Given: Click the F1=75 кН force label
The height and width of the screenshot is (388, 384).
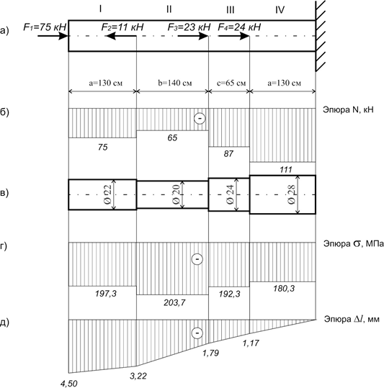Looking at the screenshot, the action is tap(45, 27).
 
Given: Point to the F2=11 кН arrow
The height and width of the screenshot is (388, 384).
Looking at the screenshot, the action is tap(121, 36).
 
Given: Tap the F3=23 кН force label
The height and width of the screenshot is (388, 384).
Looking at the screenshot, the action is tap(189, 27).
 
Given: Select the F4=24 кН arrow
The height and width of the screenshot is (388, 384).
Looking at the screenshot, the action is tap(233, 36).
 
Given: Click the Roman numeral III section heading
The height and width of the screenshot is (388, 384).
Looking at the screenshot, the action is tap(230, 10).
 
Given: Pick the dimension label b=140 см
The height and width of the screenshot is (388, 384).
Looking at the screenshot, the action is tap(175, 83).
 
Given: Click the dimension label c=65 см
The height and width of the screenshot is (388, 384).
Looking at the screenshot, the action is tap(231, 83).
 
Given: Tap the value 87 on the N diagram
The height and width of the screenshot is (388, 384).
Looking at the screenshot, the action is tap(228, 153).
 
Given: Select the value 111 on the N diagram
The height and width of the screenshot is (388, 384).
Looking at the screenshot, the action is tap(286, 170).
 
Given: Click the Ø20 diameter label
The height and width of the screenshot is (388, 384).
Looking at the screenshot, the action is tap(177, 194).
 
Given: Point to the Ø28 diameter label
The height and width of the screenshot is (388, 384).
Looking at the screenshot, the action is tap(292, 194).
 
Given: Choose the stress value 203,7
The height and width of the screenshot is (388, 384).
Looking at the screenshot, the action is tap(174, 302).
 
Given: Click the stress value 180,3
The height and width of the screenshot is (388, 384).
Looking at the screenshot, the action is tap(284, 289).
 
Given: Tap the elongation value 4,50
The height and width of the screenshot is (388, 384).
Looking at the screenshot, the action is tap(69, 384).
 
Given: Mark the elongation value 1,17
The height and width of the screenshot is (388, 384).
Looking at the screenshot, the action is tap(251, 343).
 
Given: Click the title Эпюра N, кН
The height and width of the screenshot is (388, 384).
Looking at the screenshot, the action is tap(348, 109).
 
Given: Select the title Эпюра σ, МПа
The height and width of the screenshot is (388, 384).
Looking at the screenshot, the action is tap(354, 244).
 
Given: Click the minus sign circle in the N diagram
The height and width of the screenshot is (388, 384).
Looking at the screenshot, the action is tap(200, 119).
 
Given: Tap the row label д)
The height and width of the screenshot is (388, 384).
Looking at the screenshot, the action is tap(4, 322).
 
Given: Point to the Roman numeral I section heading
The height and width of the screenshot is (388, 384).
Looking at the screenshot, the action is tap(100, 9).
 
